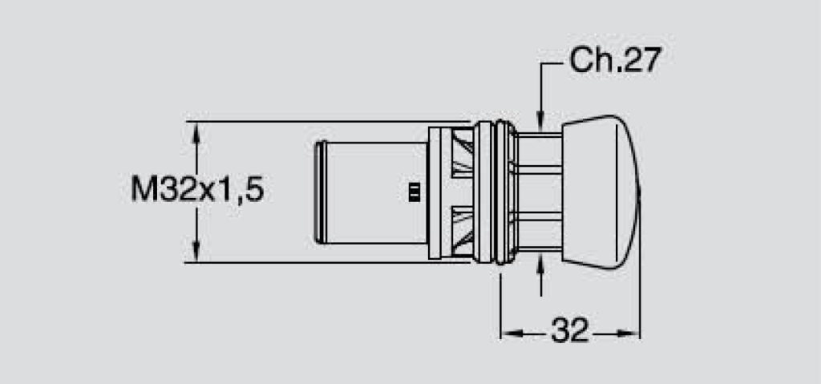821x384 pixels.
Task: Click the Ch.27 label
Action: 615,60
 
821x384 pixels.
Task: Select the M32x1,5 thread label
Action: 197,189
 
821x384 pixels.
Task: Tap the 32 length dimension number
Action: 570,330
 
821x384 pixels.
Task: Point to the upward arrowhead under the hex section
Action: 541,264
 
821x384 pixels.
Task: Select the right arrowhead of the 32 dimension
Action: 629,333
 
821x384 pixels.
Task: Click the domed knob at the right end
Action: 601,192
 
